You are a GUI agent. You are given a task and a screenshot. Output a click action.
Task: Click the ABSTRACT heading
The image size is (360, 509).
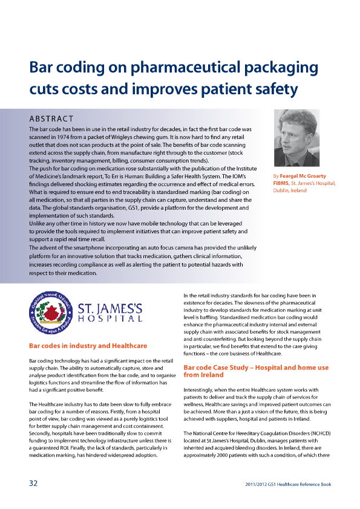51,118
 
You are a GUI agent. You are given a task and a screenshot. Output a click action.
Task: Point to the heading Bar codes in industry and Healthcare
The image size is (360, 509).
88,346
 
